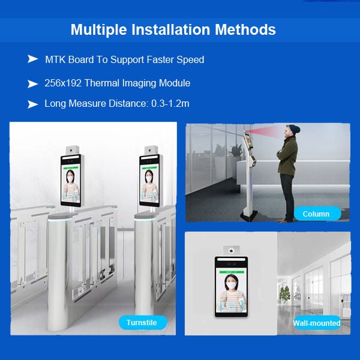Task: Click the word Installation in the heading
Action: tap(171, 29)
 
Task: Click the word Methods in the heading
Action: tap(245, 29)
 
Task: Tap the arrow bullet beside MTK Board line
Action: tap(32, 59)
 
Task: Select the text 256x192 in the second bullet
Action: tap(63, 83)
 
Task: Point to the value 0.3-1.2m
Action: tap(170, 104)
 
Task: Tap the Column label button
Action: tap(317, 214)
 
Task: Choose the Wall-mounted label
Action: tap(317, 323)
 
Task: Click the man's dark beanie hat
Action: tap(295, 130)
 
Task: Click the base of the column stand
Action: tap(250, 216)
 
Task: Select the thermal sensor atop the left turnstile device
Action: tap(73, 151)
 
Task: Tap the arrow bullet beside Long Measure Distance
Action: tap(32, 104)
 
